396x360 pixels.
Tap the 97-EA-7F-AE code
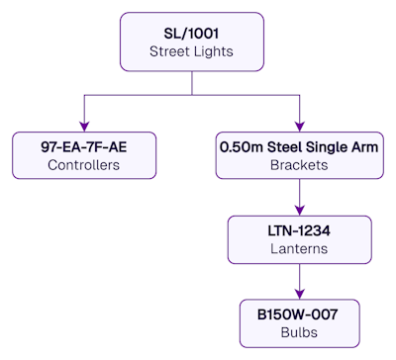pyautogui.click(x=83, y=147)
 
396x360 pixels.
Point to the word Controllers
pyautogui.click(x=83, y=165)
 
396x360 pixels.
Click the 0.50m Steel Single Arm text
pyautogui.click(x=299, y=147)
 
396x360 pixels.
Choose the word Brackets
pyautogui.click(x=299, y=165)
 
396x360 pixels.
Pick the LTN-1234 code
pyautogui.click(x=299, y=230)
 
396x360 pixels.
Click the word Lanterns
pyautogui.click(x=299, y=248)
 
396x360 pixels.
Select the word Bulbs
pyautogui.click(x=299, y=332)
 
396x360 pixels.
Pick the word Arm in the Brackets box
pyautogui.click(x=363, y=147)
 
